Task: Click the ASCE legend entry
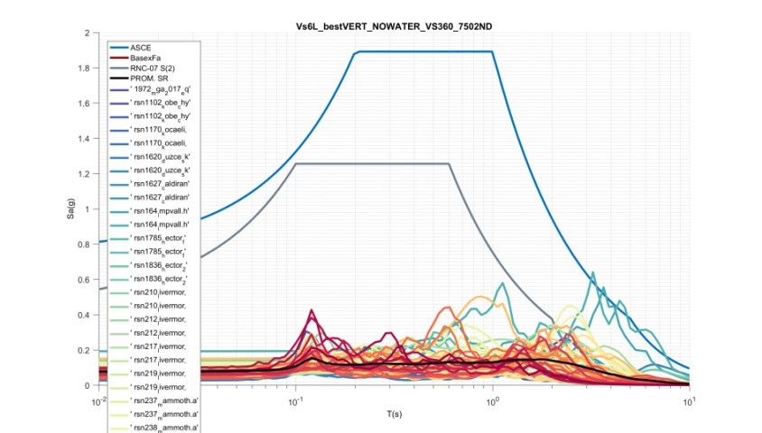pyautogui.click(x=142, y=45)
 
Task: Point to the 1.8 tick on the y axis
pyautogui.click(x=89, y=69)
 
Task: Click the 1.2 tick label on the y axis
pyautogui.click(x=89, y=174)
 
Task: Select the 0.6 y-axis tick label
pyautogui.click(x=89, y=280)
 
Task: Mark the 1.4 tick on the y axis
pyautogui.click(x=89, y=139)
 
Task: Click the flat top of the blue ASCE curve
pyautogui.click(x=424, y=51)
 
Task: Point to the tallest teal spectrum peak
pyautogui.click(x=592, y=273)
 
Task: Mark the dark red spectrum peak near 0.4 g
pyautogui.click(x=313, y=311)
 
